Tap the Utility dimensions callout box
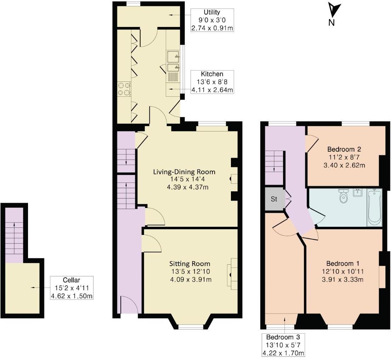[212, 20]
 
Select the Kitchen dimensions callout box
[212, 82]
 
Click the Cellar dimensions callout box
[72, 288]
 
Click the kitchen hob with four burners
[124, 89]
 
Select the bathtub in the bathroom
[374, 207]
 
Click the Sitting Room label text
[189, 264]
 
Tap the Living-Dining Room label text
[184, 172]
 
